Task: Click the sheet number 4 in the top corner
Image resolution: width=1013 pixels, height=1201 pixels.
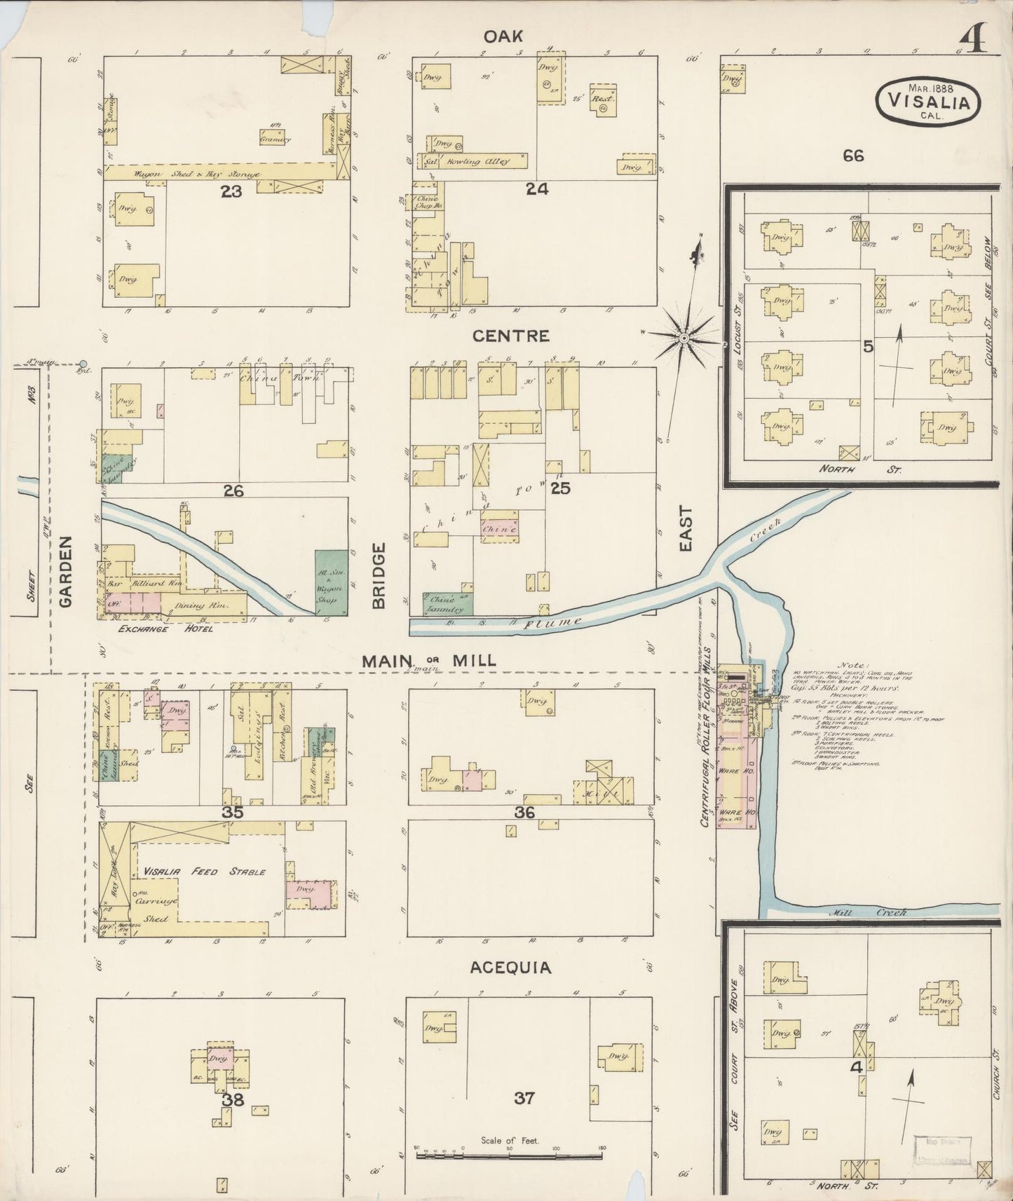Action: pyautogui.click(x=975, y=42)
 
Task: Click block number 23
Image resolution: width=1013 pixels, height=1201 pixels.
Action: pyautogui.click(x=231, y=191)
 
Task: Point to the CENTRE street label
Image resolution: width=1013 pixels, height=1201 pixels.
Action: pyautogui.click(x=510, y=336)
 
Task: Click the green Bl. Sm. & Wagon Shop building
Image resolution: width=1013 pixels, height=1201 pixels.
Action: pyautogui.click(x=331, y=583)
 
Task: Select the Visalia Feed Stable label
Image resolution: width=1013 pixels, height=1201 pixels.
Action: pyautogui.click(x=204, y=872)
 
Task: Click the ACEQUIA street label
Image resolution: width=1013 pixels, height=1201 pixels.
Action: pyautogui.click(x=510, y=968)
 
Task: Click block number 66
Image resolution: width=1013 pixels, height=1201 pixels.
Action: pyautogui.click(x=853, y=156)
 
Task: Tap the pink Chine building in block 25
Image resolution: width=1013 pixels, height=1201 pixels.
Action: pyautogui.click(x=500, y=529)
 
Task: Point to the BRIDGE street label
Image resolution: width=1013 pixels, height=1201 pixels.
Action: pyautogui.click(x=379, y=576)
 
